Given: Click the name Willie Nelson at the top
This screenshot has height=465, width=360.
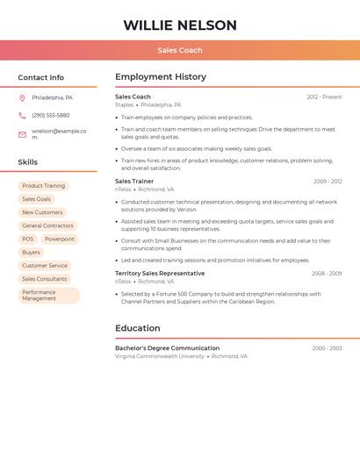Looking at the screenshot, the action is point(180,25).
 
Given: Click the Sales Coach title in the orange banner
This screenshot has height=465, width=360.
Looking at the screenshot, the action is point(180,50).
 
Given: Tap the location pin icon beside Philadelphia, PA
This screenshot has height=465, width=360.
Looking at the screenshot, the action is point(22,98).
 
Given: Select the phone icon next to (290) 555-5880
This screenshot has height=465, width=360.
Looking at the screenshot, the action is point(22,115).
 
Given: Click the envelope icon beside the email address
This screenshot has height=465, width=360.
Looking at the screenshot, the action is point(22,134).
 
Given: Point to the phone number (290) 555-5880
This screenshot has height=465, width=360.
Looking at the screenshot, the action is point(51,115).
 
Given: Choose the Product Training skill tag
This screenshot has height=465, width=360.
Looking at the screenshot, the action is point(43,186).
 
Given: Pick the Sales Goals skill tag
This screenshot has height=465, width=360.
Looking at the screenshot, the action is point(36,199).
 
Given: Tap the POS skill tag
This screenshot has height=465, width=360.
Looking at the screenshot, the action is point(28,239).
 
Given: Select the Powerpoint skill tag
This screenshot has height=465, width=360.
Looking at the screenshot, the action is point(60,239).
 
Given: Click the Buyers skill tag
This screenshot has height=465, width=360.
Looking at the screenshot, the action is point(31,252).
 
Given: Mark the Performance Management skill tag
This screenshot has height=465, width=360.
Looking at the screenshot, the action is point(48,296).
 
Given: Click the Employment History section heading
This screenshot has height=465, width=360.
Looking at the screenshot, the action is point(161,77).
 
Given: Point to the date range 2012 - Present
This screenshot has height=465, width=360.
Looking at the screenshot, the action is point(324,97).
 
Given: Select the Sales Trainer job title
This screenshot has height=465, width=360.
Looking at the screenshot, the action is point(134,181).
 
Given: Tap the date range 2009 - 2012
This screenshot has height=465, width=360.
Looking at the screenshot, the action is point(327,182).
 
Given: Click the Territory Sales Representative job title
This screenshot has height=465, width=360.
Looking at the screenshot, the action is point(160,273).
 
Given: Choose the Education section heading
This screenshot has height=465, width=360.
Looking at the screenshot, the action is point(138,328).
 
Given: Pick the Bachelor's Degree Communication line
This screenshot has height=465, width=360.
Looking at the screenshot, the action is point(167,348).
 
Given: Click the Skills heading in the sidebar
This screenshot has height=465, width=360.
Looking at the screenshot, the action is point(28,162).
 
